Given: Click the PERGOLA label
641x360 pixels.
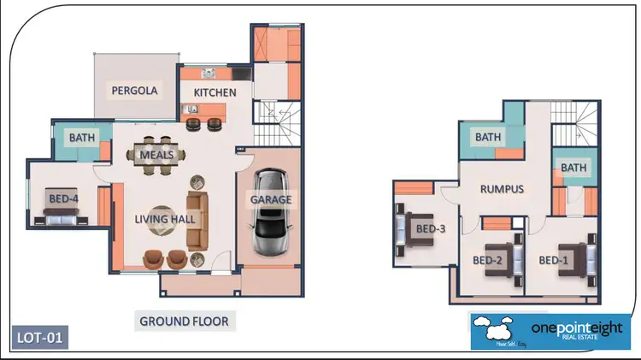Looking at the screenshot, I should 131,90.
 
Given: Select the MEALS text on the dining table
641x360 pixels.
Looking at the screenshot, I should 157,155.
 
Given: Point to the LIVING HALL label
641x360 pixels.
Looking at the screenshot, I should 165,219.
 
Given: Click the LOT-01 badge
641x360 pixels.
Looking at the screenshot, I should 40,336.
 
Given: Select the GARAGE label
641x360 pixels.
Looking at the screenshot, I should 271,199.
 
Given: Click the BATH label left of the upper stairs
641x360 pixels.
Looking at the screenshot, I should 487,137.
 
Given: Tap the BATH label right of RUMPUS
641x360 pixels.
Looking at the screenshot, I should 574,168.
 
